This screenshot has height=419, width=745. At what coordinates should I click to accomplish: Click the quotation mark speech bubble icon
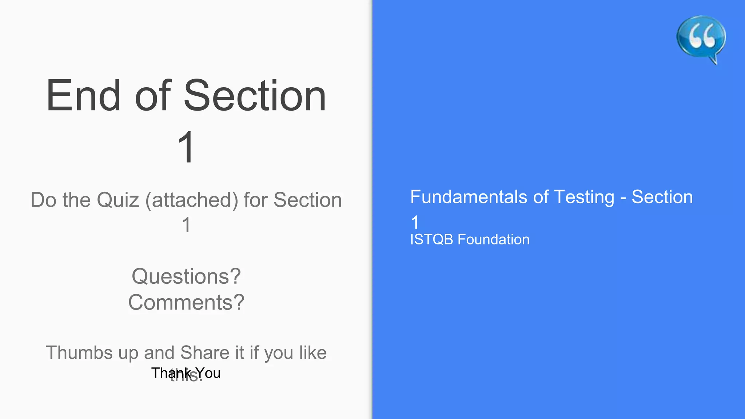(x=701, y=38)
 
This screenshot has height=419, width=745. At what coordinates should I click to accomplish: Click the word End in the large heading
(x=83, y=96)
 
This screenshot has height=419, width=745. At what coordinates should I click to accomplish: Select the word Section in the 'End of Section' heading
(x=255, y=96)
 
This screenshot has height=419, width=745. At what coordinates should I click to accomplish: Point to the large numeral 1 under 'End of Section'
(x=186, y=147)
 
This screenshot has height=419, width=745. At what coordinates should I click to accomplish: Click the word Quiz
(x=118, y=200)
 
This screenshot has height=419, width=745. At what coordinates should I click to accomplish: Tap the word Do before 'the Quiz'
(x=43, y=200)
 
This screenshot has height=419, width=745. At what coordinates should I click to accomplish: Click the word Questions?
(x=186, y=276)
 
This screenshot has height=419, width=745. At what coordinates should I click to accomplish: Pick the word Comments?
(x=186, y=303)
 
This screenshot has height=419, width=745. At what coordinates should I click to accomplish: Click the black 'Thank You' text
(x=186, y=373)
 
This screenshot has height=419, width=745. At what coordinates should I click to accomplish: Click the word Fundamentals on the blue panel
(x=469, y=197)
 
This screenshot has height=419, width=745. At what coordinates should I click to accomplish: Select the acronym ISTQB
(x=432, y=240)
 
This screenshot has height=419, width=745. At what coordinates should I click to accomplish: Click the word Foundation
(x=493, y=240)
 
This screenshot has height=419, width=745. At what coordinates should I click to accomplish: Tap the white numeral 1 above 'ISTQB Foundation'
(x=415, y=222)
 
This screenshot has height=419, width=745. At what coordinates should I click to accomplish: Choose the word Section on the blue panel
(x=662, y=197)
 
